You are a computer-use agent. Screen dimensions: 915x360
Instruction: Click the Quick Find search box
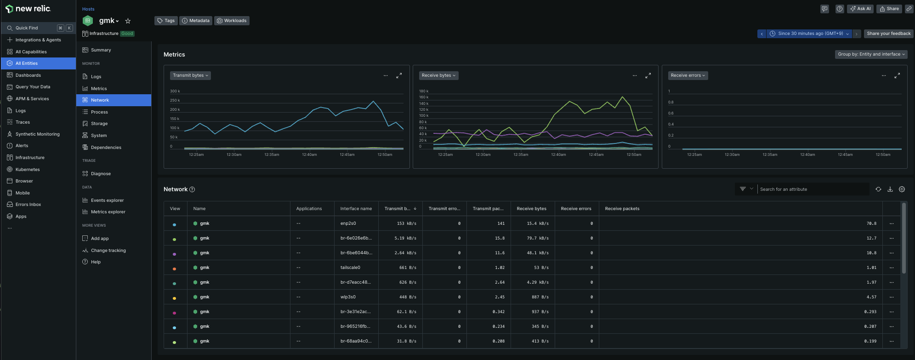click(x=39, y=28)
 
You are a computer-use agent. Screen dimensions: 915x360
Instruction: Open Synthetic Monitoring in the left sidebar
click(x=38, y=134)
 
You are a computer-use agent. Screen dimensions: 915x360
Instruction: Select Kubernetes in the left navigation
click(x=28, y=170)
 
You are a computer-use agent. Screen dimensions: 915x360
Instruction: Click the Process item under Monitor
click(x=99, y=112)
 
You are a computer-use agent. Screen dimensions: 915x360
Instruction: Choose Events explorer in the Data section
click(x=107, y=200)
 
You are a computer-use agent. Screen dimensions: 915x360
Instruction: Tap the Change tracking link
click(x=108, y=251)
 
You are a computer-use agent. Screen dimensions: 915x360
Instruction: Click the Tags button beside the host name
click(x=166, y=21)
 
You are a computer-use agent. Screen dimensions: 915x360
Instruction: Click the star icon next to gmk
click(x=128, y=21)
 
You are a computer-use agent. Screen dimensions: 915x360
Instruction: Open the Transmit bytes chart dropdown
click(x=190, y=75)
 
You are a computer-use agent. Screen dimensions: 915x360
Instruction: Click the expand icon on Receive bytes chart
click(x=648, y=75)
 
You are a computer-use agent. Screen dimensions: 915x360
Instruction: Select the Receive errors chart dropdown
click(x=688, y=75)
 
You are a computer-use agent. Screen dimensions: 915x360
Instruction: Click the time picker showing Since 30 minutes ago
click(x=809, y=34)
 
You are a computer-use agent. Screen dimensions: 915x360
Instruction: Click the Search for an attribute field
click(x=813, y=189)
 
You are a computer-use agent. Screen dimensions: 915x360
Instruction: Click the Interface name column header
click(x=356, y=209)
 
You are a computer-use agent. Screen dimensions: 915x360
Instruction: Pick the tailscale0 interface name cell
click(x=350, y=268)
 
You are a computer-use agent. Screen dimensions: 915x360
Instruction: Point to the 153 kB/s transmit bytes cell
click(x=406, y=223)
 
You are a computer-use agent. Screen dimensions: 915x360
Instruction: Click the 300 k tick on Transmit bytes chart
click(x=175, y=91)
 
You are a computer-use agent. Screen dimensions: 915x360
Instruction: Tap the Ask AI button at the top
click(x=861, y=9)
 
